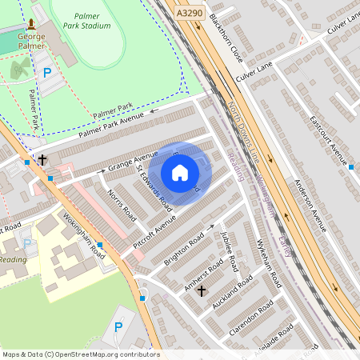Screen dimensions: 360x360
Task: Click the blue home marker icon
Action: tap(180, 173)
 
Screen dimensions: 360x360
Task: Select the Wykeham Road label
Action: tap(269, 264)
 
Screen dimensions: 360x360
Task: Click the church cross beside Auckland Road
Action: tap(201, 290)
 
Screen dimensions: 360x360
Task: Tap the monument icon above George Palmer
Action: tap(30, 25)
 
